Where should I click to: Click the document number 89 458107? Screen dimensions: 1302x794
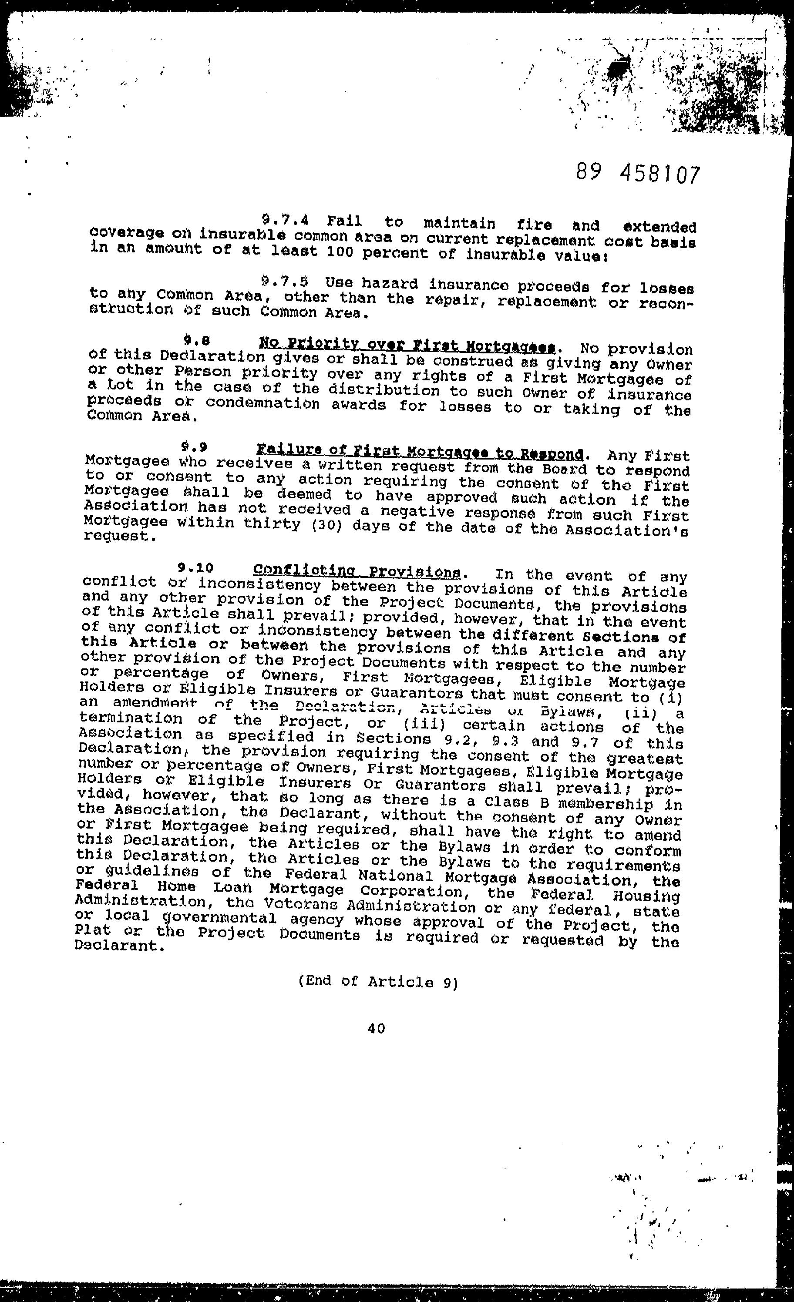point(638,173)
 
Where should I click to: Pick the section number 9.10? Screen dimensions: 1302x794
point(195,568)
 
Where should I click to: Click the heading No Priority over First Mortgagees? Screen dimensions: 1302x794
point(407,346)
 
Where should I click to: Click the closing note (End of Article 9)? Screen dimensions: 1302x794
point(378,981)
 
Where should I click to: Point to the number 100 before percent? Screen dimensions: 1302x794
point(343,252)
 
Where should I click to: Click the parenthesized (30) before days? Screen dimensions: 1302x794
point(324,526)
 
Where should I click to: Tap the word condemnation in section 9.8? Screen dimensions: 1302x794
point(263,404)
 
